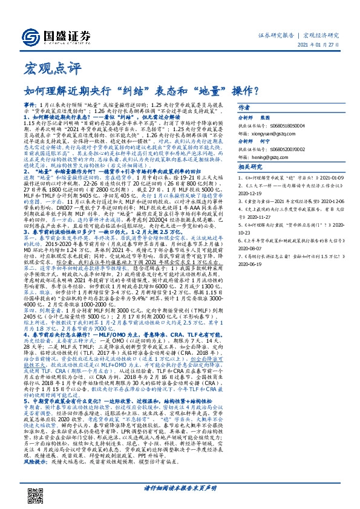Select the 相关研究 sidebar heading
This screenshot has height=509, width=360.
[266, 166]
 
